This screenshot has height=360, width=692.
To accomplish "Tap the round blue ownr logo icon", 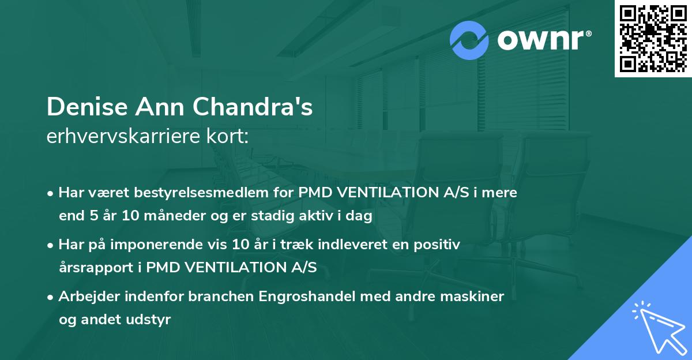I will point(469,40).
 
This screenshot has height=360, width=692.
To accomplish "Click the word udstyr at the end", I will point(151,320).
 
